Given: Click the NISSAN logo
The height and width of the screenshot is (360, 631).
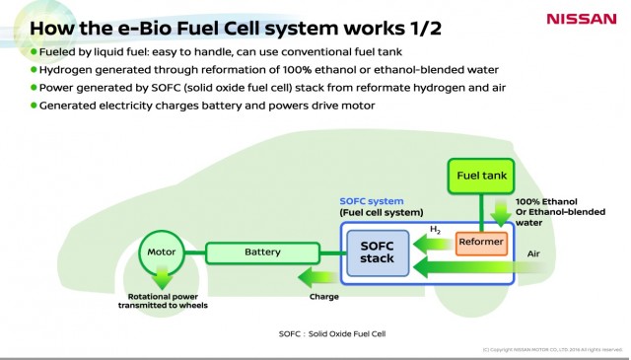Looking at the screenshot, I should click(581, 18).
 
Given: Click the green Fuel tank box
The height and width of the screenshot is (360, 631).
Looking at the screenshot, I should click(480, 176).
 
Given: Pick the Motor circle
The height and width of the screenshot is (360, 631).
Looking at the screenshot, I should click(161, 252).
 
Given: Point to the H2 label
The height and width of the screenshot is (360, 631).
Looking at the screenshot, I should click(435, 230).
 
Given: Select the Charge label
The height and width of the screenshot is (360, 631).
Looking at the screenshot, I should click(323, 296).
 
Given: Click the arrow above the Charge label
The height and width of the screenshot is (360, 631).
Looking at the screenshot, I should click(315, 277).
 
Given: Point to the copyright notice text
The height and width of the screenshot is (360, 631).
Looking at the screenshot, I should click(551, 349).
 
